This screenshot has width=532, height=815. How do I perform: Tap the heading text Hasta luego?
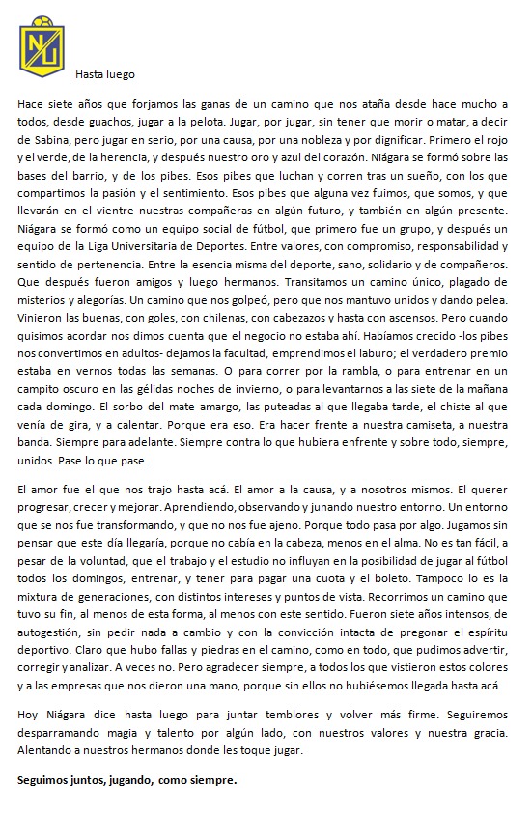[106, 74]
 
